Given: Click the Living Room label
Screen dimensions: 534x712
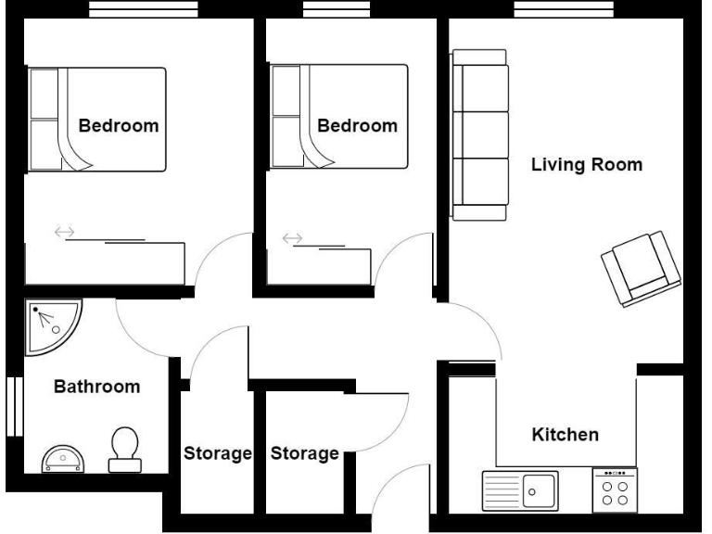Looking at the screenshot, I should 586,165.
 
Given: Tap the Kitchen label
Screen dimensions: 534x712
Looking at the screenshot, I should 565,434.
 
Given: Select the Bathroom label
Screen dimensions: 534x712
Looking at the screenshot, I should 96,387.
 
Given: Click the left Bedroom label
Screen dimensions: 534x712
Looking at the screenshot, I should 118,126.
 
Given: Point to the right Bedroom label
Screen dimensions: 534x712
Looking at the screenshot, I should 357,126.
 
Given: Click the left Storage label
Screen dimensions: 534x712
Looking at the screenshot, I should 217,453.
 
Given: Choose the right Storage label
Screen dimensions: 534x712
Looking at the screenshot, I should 304,453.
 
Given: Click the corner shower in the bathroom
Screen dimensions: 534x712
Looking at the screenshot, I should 51,325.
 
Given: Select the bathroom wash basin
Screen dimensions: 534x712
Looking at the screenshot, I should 63,458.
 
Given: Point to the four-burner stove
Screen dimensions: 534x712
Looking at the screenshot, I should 615,489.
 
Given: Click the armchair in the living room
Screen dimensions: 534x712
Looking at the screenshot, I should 641,269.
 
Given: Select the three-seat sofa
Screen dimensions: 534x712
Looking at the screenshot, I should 479,135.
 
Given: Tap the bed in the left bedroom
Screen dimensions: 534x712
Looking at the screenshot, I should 96,119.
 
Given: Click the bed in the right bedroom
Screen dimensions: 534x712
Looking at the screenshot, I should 337,117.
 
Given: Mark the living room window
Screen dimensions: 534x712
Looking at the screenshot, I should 564,9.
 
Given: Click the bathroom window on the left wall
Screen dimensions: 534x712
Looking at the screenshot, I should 13,405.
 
